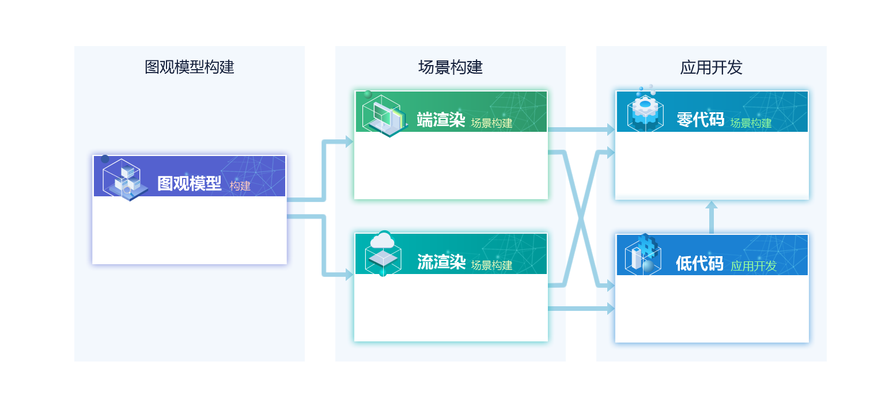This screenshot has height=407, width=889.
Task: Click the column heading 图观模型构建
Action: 189,67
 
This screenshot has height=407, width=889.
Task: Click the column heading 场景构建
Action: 450,67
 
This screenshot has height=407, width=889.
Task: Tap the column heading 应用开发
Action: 711,67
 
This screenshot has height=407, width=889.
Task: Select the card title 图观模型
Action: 189,184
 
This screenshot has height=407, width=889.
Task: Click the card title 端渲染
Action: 441,120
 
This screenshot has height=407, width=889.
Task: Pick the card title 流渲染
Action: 441,262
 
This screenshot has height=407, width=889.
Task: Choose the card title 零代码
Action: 700,120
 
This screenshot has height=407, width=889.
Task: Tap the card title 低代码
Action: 699,263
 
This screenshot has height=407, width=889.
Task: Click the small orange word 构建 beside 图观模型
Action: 240,186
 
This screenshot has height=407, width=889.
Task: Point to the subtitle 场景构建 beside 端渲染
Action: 491,123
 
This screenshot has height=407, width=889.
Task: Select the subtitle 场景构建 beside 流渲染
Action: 491,265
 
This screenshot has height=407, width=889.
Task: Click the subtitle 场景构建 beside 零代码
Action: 751,123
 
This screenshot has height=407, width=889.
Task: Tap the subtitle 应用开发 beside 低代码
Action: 754,266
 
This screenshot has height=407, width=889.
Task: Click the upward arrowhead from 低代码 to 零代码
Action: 711,205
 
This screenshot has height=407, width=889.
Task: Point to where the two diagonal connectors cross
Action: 581,219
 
